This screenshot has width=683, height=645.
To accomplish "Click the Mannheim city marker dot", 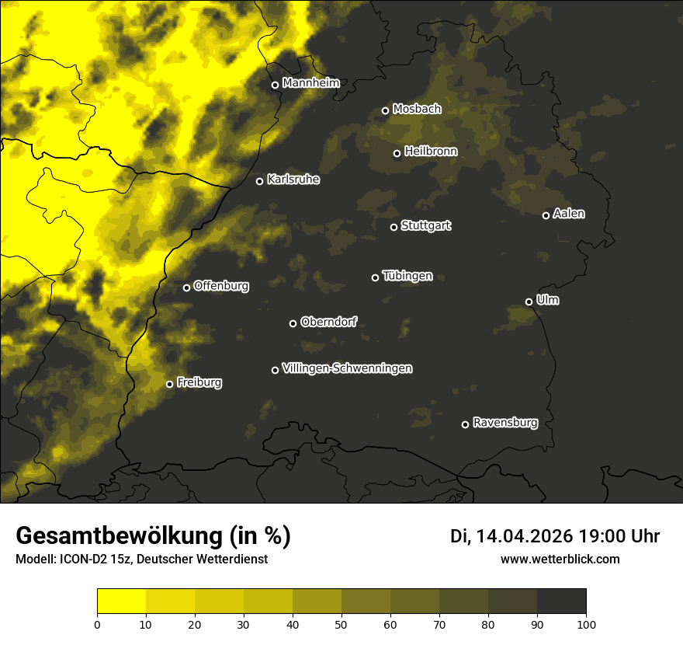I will pyautogui.click(x=275, y=85).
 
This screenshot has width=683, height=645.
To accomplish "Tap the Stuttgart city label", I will pyautogui.click(x=425, y=225).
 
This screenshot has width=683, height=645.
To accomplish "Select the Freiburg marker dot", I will pyautogui.click(x=169, y=384).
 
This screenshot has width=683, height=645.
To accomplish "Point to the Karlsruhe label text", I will pyautogui.click(x=293, y=180).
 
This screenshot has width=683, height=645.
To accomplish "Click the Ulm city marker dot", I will pyautogui.click(x=529, y=302).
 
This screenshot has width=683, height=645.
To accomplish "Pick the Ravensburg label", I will pyautogui.click(x=504, y=423).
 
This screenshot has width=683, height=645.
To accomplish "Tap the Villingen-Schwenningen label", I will pyautogui.click(x=347, y=368).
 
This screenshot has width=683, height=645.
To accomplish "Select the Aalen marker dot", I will pyautogui.click(x=546, y=215).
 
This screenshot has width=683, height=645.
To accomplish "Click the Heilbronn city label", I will pyautogui.click(x=431, y=152).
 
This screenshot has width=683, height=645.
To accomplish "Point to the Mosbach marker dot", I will pyautogui.click(x=385, y=110).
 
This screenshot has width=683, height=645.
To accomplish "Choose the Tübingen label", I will pyautogui.click(x=407, y=276).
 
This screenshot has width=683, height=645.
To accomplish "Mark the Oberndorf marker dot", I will pyautogui.click(x=293, y=323).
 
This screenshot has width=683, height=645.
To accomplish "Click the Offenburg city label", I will pyautogui.click(x=221, y=286).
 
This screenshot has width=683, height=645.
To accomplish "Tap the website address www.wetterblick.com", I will pyautogui.click(x=560, y=559).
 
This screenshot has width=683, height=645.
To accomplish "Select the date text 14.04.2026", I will pyautogui.click(x=524, y=536).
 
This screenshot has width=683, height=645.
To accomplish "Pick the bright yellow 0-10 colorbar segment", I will pyautogui.click(x=122, y=601).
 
